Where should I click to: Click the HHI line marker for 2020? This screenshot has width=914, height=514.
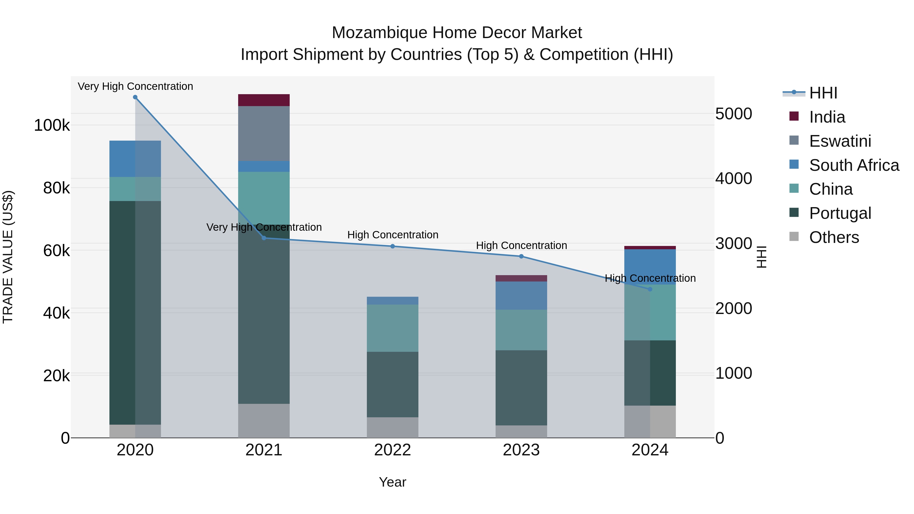click(135, 97)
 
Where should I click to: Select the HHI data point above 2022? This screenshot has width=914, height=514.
click(393, 246)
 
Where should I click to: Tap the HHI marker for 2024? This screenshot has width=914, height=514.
click(650, 289)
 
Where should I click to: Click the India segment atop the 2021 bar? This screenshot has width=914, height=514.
click(264, 100)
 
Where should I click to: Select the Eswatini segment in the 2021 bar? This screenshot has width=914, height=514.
click(264, 133)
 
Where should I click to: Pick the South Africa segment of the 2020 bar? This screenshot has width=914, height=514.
click(135, 159)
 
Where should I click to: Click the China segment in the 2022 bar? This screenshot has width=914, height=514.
click(393, 328)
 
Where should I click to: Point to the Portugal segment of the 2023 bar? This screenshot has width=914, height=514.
click(521, 388)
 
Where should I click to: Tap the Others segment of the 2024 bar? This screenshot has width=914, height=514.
click(650, 421)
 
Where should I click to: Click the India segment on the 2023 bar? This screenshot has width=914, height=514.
click(521, 278)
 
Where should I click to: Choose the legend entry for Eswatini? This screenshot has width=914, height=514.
click(840, 141)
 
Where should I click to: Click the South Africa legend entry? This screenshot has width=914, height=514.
click(854, 165)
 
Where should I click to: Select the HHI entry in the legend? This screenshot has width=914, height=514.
click(823, 93)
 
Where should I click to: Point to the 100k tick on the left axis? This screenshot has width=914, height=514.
click(52, 125)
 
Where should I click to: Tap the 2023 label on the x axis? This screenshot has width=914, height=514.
click(521, 450)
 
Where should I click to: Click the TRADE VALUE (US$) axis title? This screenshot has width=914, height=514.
click(8, 257)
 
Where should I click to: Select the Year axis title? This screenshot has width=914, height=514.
click(393, 482)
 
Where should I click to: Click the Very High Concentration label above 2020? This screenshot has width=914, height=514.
click(135, 86)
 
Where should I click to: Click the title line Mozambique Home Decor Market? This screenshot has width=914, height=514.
click(457, 33)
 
